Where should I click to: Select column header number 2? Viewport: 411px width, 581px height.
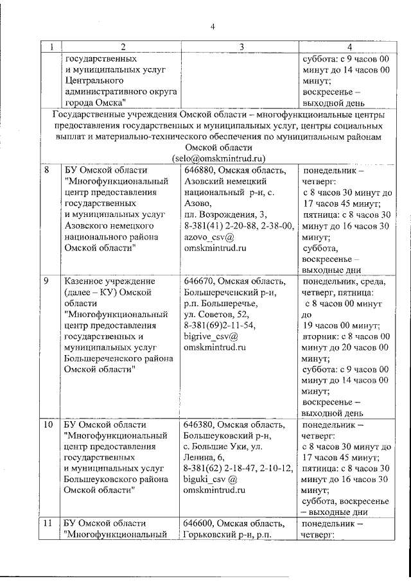(x=123, y=47)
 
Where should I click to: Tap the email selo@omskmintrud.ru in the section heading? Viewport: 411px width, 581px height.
(x=218, y=158)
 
